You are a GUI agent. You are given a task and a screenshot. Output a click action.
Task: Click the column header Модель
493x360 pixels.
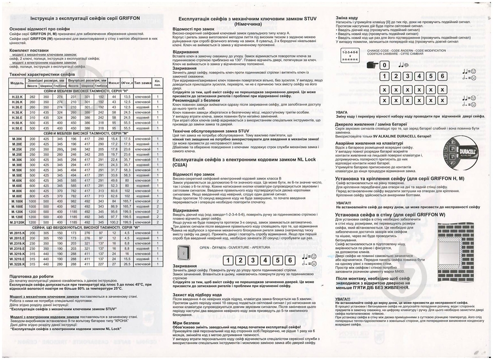(17, 83)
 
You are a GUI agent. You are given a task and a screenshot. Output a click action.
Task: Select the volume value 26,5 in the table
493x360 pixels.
(127, 265)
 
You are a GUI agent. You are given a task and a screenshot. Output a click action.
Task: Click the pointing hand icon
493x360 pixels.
(370, 65)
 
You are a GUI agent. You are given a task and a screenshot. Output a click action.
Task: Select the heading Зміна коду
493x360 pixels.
(347, 18)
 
